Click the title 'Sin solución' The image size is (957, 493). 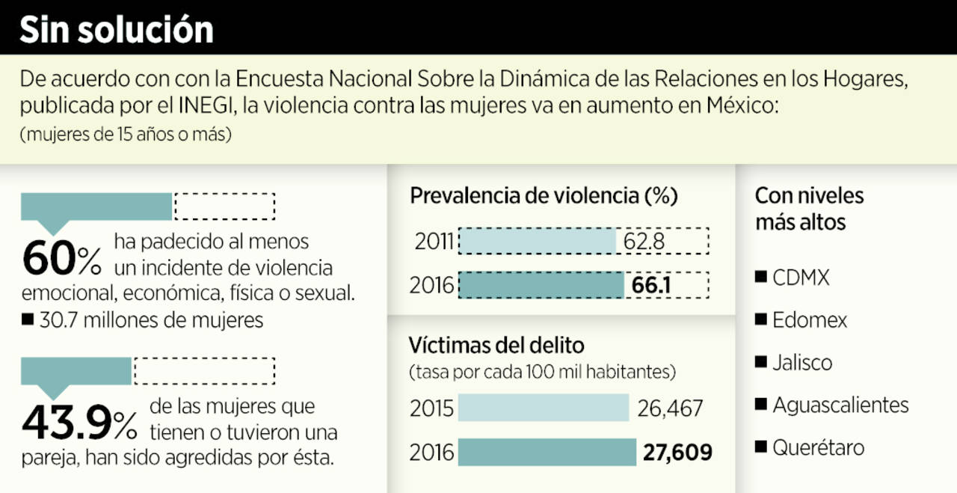(x=116, y=29)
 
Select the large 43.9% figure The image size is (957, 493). (x=79, y=423)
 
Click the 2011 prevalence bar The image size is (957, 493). (x=537, y=242)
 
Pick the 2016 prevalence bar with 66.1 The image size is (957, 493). (x=541, y=286)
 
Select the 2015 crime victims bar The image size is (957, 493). (x=544, y=408)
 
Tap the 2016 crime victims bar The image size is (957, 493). (x=547, y=453)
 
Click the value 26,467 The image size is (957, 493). (x=671, y=408)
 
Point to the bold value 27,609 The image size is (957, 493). (x=677, y=453)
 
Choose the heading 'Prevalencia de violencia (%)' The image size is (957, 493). (x=544, y=196)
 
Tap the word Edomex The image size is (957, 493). (x=810, y=320)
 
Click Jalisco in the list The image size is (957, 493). (x=802, y=363)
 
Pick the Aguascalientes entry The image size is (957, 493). (x=840, y=405)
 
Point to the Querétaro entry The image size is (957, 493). (x=819, y=448)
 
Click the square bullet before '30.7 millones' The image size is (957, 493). (x=28, y=320)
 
